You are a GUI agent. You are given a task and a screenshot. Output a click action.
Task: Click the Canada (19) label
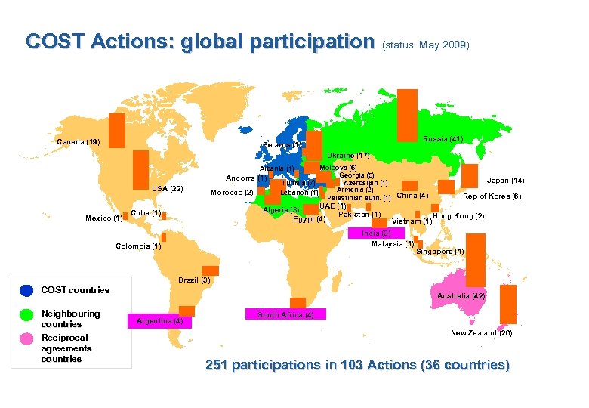78,142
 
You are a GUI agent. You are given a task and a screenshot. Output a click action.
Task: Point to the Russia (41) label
443,139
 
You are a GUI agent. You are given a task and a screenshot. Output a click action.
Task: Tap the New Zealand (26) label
483,333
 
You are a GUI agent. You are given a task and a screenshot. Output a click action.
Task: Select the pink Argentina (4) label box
160,321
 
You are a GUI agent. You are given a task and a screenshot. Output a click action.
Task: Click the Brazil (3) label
194,280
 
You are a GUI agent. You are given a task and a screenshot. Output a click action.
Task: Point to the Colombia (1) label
138,246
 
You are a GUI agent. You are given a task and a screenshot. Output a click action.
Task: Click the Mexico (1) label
103,219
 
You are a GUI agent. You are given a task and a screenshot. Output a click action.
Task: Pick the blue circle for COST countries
26,290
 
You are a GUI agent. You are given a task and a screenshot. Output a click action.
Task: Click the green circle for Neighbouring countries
26,314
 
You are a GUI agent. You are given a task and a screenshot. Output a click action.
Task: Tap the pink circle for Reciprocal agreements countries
26,338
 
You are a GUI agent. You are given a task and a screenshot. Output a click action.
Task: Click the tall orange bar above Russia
407,111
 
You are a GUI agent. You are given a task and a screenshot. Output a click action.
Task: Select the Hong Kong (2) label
458,217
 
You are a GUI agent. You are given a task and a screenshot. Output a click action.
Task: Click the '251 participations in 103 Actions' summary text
357,366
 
